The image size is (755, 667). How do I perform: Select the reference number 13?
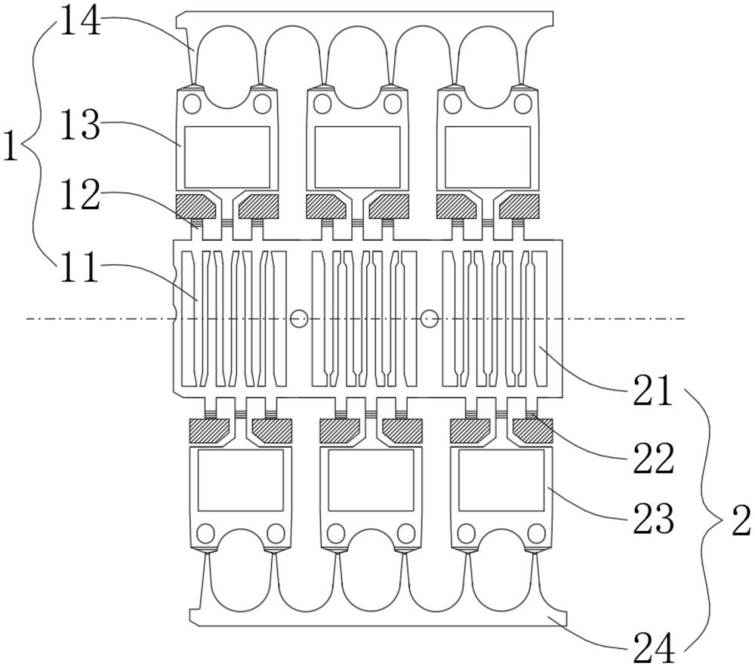click(79, 126)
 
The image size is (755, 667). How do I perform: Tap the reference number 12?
click(79, 198)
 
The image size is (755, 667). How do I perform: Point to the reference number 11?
click(79, 267)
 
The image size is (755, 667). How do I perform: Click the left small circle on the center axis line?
click(299, 319)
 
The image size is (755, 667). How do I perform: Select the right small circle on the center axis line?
click(430, 319)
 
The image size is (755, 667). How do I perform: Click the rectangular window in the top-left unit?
click(227, 156)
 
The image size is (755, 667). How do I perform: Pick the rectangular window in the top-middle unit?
click(357, 156)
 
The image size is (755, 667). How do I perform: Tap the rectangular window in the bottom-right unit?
click(501, 480)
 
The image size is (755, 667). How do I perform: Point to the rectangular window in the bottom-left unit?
click(240, 480)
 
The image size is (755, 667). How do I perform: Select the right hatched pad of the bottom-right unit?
click(532, 431)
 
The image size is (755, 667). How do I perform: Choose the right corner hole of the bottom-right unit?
click(536, 534)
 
